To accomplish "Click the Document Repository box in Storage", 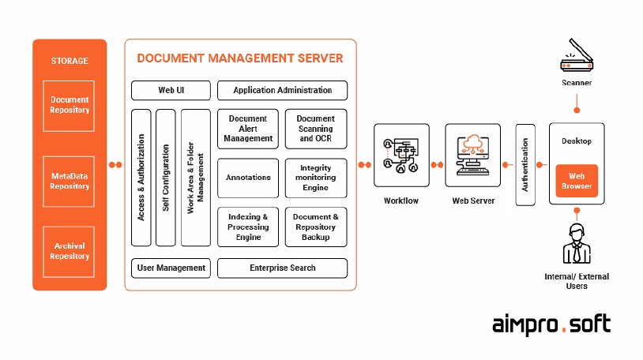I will [69, 105].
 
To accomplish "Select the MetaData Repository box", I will [69, 181].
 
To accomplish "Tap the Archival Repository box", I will [69, 251].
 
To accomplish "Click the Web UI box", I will [171, 90].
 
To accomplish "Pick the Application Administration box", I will [282, 90].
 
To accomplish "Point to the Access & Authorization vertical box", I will [141, 177].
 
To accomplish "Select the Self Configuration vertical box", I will [165, 177].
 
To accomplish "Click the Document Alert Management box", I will [247, 129].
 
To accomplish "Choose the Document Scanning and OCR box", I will [315, 129].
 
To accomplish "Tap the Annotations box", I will [247, 178].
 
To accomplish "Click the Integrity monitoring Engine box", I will [315, 178].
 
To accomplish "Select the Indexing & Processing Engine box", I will [247, 227].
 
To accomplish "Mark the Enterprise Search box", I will [282, 268].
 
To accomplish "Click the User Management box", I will [171, 268].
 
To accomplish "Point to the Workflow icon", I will [401, 155].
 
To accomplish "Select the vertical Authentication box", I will [525, 164].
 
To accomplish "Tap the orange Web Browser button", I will [576, 181].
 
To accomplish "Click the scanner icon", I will [576, 60].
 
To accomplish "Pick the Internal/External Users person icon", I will [576, 246].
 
